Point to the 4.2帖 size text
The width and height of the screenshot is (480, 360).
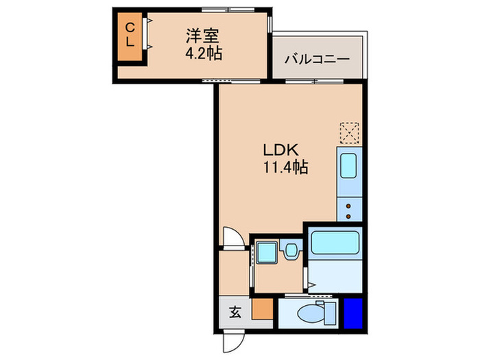point(204,53)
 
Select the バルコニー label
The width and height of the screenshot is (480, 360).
point(317,59)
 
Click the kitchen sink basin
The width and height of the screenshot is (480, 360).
point(348,166)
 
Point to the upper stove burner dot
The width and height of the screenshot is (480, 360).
point(349,204)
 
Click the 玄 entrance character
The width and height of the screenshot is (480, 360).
point(235,313)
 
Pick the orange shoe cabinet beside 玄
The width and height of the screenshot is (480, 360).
point(261,311)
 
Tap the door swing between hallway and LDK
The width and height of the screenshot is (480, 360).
point(233,239)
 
